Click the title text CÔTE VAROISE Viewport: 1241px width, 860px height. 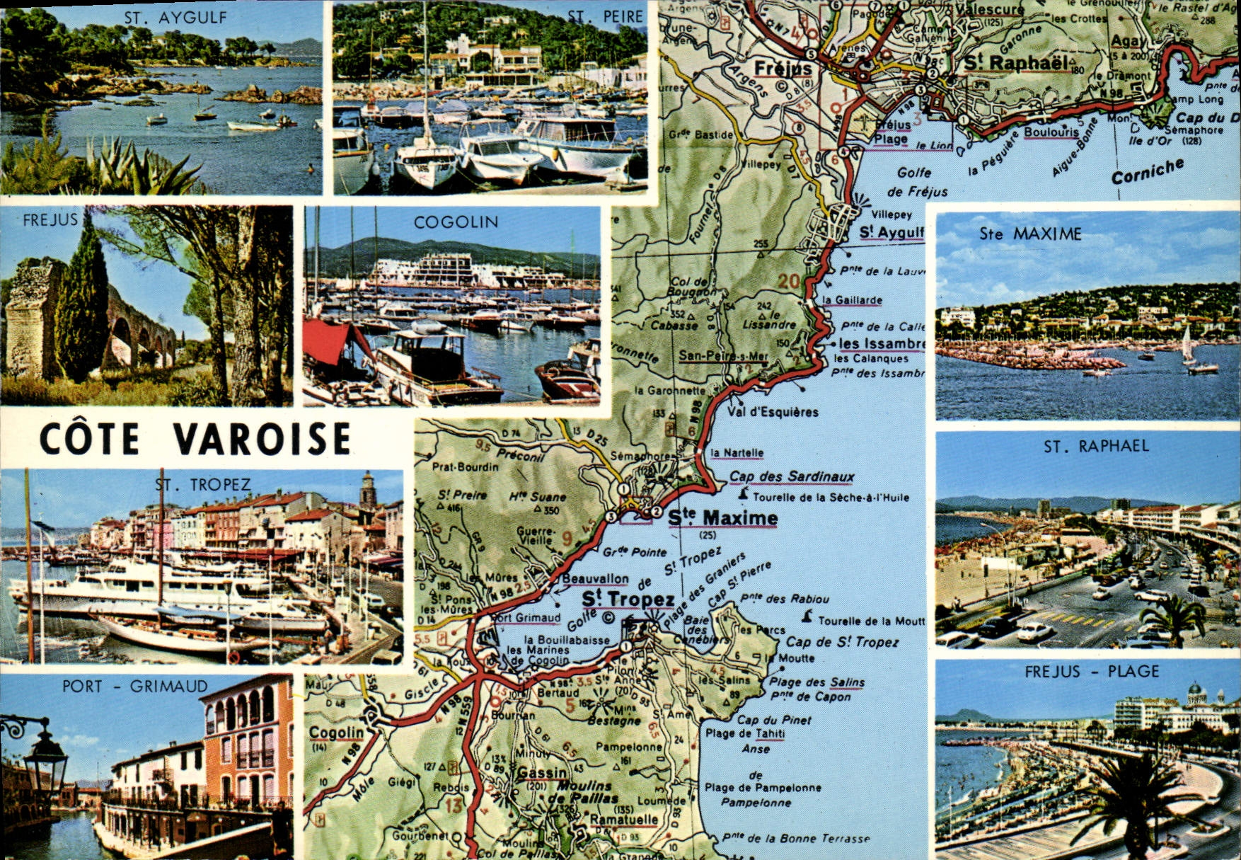[x=195, y=439]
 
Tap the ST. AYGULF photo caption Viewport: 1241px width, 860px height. [x=175, y=18]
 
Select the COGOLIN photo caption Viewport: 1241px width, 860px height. [x=456, y=222]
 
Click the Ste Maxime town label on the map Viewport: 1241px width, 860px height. [x=722, y=519]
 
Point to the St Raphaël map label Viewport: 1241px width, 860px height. [x=1016, y=63]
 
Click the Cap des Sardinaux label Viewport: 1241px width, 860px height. [x=792, y=477]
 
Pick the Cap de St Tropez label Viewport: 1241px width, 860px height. [x=842, y=642]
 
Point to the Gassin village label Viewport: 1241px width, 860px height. [x=541, y=773]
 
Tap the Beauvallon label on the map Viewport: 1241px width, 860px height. [x=595, y=579]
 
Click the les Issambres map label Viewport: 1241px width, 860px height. [x=881, y=344]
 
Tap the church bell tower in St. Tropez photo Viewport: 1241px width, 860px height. [x=366, y=489]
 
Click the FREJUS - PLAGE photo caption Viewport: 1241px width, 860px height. [x=1092, y=672]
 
